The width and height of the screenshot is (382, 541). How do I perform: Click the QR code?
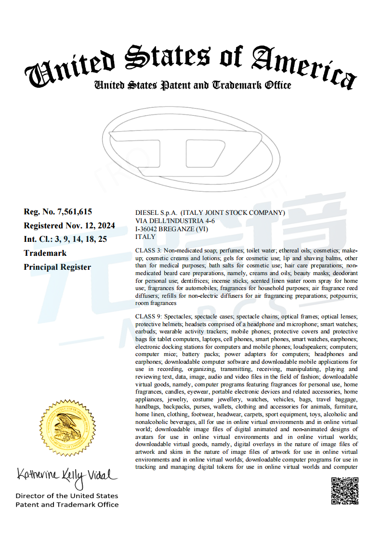coord(344,490)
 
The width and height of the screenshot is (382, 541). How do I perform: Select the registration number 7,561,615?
coord(74,211)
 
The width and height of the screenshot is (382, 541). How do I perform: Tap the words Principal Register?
coord(57,267)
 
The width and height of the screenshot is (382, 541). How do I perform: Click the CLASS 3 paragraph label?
coord(148,251)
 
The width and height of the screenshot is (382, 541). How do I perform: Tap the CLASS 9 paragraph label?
coord(148,317)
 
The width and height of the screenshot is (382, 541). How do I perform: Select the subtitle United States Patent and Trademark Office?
coord(192,85)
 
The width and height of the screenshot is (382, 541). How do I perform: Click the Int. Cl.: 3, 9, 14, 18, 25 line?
coord(66,239)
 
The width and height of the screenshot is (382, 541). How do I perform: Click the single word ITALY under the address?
coord(145,237)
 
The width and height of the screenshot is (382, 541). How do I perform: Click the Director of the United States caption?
coord(67,496)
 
